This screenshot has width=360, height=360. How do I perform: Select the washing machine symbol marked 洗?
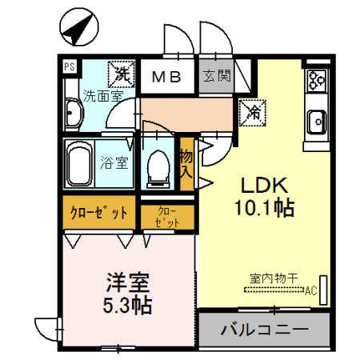121,75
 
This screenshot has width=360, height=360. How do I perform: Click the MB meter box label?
168,78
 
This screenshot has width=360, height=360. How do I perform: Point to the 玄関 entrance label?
215,77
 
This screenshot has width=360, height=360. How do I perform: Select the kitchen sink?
317,122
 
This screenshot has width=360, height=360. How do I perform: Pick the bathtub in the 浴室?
79,164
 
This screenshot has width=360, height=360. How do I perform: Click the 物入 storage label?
186,164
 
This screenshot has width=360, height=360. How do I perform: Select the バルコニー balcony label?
264,329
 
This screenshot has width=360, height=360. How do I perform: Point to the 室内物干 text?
274,278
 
